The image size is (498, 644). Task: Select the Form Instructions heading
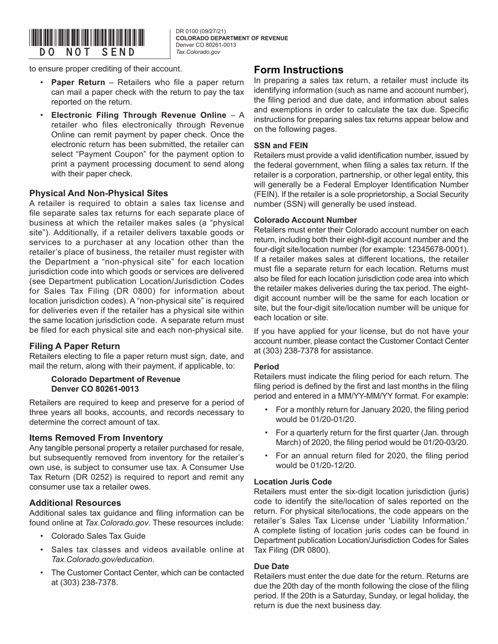pos(299,70)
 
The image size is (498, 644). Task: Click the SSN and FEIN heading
pos(281,146)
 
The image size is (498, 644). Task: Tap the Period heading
pos(266,367)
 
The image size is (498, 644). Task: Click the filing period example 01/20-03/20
pos(443,442)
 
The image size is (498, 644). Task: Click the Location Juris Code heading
pos(293,482)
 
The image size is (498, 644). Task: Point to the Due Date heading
pos(271,567)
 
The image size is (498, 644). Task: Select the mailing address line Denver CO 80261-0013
pos(95,388)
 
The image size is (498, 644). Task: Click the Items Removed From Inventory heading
pos(96,438)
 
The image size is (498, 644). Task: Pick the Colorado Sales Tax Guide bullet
pos(99,536)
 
